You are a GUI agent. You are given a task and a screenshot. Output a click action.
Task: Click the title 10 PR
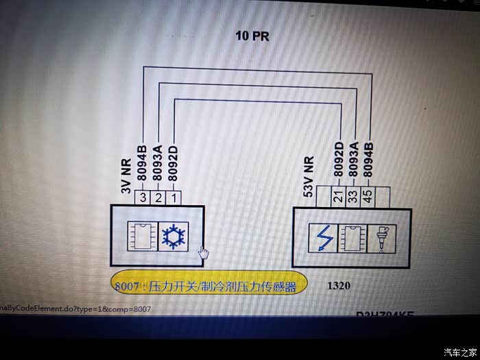(252, 36)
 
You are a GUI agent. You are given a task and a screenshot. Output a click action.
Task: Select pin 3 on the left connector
(143, 197)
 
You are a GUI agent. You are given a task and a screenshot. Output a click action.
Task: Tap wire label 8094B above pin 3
(143, 162)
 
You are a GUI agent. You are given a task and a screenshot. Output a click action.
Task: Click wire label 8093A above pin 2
(158, 162)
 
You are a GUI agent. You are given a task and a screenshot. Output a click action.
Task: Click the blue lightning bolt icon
(322, 237)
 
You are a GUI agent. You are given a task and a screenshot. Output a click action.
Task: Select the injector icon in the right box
(379, 237)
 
